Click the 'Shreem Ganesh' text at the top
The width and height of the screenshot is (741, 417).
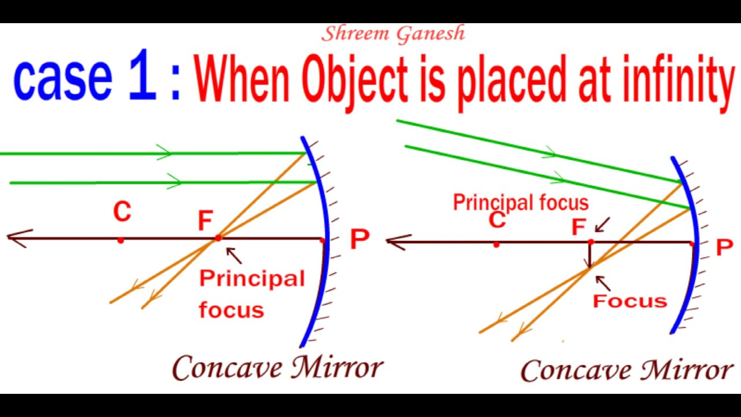[393, 34]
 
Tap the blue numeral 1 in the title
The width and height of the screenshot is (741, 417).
[142, 75]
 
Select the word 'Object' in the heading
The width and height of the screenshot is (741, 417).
[355, 83]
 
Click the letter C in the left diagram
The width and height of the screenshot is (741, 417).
[122, 211]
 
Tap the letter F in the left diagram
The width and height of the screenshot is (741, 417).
[205, 221]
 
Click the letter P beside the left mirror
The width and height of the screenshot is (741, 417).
[360, 239]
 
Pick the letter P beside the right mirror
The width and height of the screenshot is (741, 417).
[724, 247]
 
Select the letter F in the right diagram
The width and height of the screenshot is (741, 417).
[579, 226]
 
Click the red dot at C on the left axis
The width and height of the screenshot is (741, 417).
[121, 240]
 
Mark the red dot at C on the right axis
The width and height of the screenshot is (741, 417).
[496, 244]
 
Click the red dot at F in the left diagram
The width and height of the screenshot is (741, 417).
[218, 237]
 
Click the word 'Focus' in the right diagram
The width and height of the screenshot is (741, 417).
[630, 301]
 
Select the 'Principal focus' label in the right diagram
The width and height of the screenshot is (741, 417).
[520, 203]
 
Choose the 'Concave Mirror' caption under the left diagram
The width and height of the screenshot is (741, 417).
[277, 367]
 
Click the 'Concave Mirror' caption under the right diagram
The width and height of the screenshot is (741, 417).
[626, 370]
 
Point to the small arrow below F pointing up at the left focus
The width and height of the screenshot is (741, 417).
[234, 255]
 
